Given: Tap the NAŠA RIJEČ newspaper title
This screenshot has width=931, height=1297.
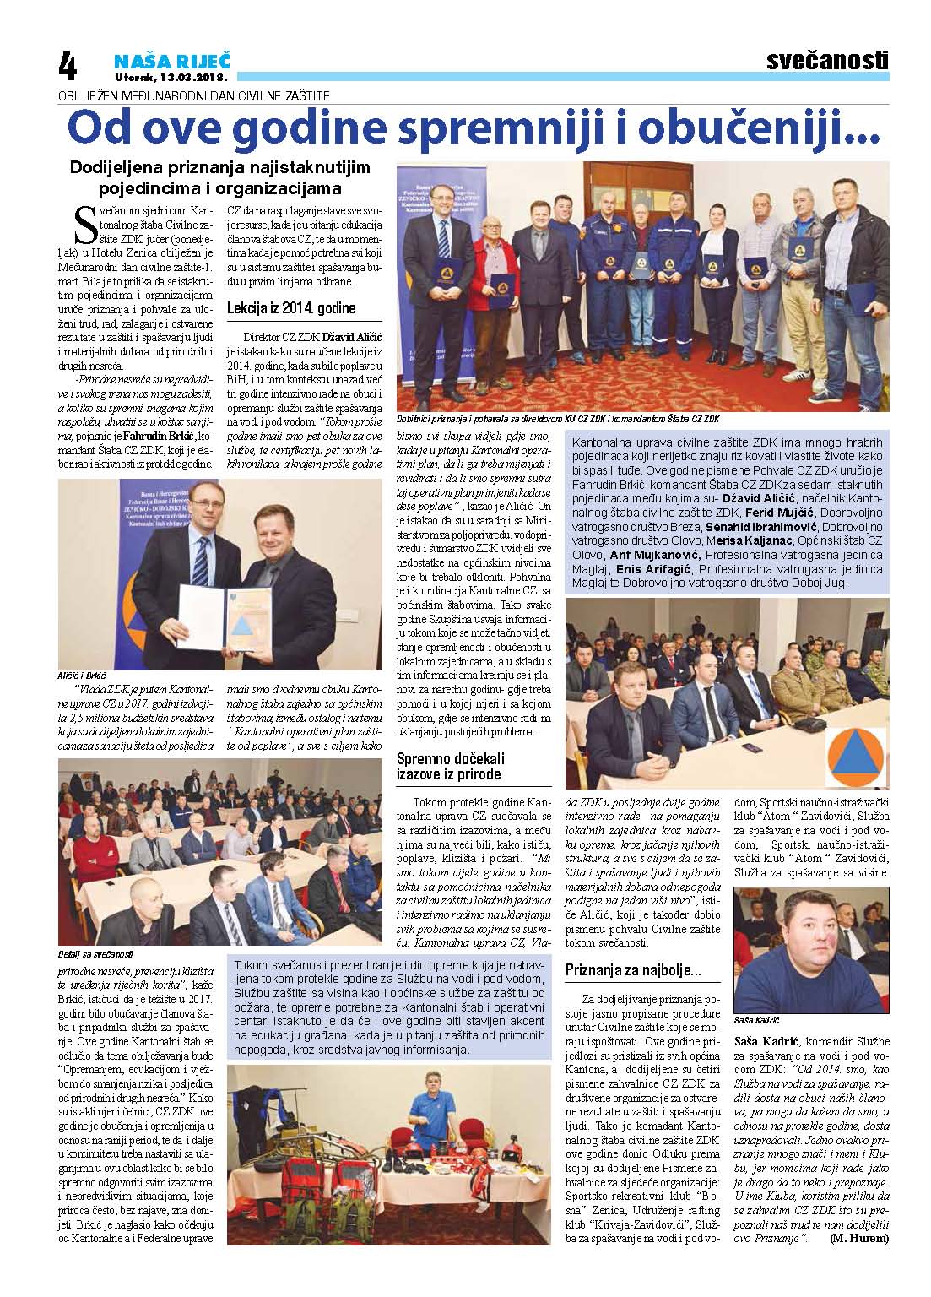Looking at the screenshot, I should pyautogui.click(x=172, y=60).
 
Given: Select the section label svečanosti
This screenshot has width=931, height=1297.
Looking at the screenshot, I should pyautogui.click(x=828, y=61).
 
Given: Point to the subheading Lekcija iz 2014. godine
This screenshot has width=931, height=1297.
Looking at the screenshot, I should pyautogui.click(x=291, y=308).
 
